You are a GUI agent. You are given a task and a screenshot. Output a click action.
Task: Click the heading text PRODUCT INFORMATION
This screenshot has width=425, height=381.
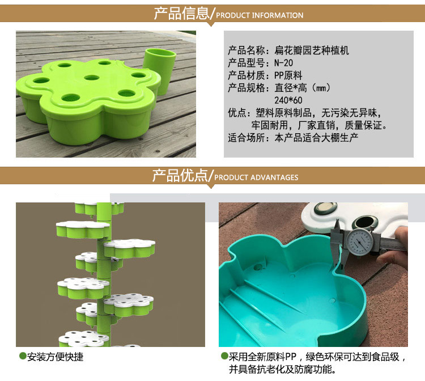[x=260, y=15]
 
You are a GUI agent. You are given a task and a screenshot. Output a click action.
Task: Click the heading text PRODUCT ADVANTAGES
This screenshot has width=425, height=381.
[x=256, y=177]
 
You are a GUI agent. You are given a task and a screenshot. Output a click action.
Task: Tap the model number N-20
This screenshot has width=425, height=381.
[x=283, y=63]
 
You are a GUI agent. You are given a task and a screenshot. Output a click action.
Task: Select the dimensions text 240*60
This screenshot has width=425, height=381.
[x=288, y=100]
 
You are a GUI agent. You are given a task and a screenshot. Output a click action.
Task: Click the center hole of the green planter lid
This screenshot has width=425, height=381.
[x=92, y=78]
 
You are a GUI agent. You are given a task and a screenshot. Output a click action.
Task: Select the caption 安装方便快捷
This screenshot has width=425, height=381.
[x=55, y=357]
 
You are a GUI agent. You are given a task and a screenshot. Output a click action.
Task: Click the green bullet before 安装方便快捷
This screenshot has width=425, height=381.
[x=23, y=356]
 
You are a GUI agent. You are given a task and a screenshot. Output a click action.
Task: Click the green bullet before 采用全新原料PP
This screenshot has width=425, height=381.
[x=224, y=356]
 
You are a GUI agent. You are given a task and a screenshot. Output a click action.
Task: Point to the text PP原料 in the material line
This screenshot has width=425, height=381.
[x=288, y=75]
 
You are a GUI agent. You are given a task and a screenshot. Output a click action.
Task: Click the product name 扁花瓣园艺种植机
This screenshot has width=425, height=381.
[x=312, y=50]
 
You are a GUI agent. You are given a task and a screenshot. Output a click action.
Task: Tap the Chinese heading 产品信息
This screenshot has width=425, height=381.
[x=182, y=14]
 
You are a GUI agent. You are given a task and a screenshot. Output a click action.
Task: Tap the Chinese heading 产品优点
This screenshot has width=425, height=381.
[x=180, y=175]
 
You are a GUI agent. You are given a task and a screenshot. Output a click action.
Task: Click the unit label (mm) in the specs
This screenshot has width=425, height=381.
[x=321, y=88]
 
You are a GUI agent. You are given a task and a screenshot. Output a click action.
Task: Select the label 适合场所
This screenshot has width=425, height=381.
[x=246, y=138]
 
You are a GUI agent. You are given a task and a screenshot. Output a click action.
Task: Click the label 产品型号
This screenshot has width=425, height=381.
[x=246, y=63]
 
